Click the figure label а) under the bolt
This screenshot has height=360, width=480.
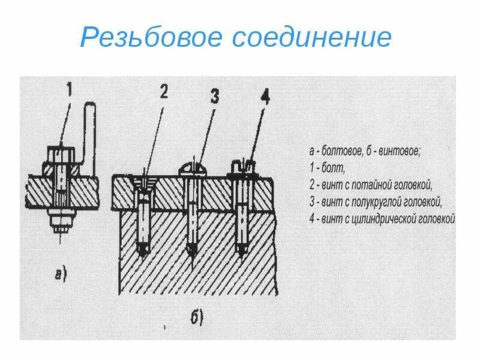[x=61, y=275]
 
